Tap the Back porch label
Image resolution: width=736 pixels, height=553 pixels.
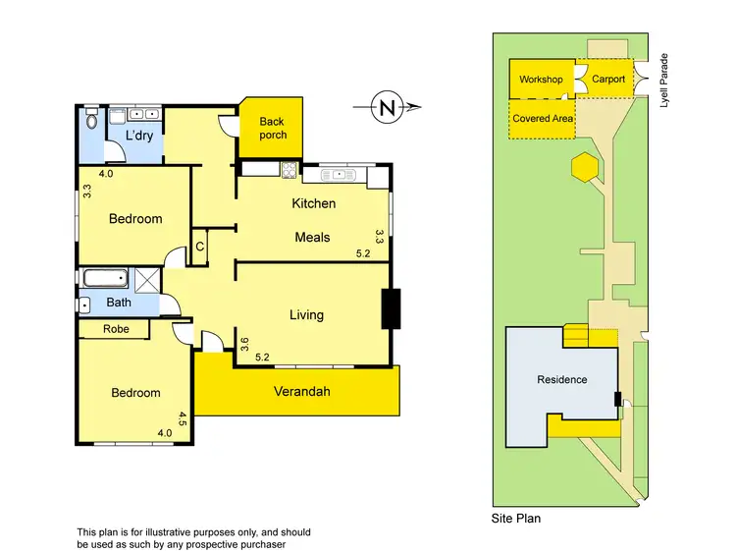pos(273,129)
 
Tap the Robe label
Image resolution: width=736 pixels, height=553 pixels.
pos(116,330)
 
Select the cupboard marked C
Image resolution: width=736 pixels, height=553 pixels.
pos(199,247)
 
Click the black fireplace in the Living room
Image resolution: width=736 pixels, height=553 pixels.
pos(390,308)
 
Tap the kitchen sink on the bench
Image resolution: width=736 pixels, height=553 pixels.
pos(335,175)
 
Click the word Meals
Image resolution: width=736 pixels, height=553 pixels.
pos(313,237)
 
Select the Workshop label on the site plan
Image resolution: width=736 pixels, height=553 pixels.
pos(541,80)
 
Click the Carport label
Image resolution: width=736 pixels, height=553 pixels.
pos(607,80)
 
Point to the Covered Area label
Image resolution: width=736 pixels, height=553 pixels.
pos(543,118)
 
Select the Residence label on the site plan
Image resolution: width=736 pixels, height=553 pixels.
pos(561,379)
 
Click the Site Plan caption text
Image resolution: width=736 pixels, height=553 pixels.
pos(515,518)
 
